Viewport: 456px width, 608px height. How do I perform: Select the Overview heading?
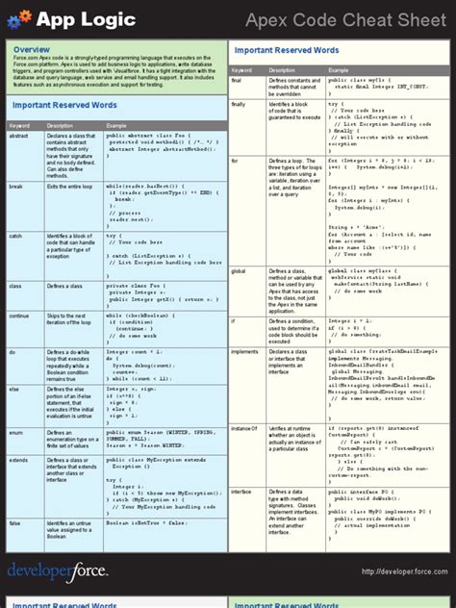point(32,49)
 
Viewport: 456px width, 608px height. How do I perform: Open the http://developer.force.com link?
point(397,571)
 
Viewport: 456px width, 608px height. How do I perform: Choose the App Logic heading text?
point(73,17)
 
